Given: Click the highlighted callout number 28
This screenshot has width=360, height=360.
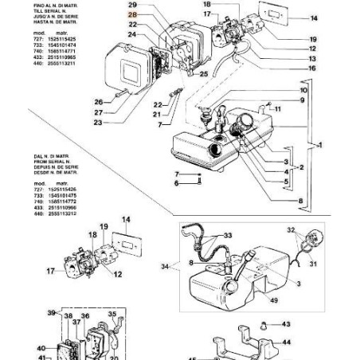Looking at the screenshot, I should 132,15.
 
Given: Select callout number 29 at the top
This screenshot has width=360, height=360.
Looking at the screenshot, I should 132,5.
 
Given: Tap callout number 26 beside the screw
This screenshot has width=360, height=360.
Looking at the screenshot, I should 99,101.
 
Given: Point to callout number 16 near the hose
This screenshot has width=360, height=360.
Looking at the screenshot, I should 312,69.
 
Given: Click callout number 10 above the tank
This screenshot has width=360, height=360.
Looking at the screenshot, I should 303,91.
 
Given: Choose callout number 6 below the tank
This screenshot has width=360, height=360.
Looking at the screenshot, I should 178,183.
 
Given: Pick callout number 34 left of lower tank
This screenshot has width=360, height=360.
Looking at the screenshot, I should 166,265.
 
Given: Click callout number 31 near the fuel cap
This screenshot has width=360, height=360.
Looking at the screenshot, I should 313,264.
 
